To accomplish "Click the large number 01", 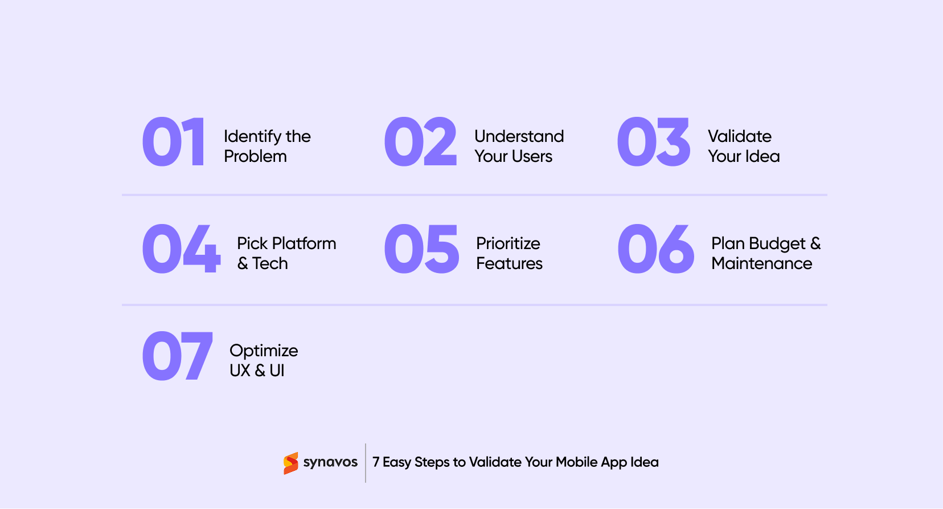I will (x=173, y=142).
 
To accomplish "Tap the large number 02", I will (x=420, y=142).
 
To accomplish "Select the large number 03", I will (x=653, y=142).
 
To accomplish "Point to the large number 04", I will (x=181, y=249).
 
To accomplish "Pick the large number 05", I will (x=421, y=249).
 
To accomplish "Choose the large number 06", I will (x=655, y=249).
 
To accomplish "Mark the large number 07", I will (x=177, y=356).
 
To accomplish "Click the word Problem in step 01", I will (x=255, y=156).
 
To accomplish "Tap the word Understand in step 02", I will (x=519, y=136).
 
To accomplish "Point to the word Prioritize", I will (x=508, y=243).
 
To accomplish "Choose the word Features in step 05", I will (x=509, y=263).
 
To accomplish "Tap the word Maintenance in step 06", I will (x=761, y=263).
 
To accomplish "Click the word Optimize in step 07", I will (x=264, y=351).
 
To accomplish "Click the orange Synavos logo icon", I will (x=291, y=463).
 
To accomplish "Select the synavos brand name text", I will (x=330, y=462).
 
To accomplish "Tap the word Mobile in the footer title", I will (x=576, y=462).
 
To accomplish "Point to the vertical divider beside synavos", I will (x=366, y=463).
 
